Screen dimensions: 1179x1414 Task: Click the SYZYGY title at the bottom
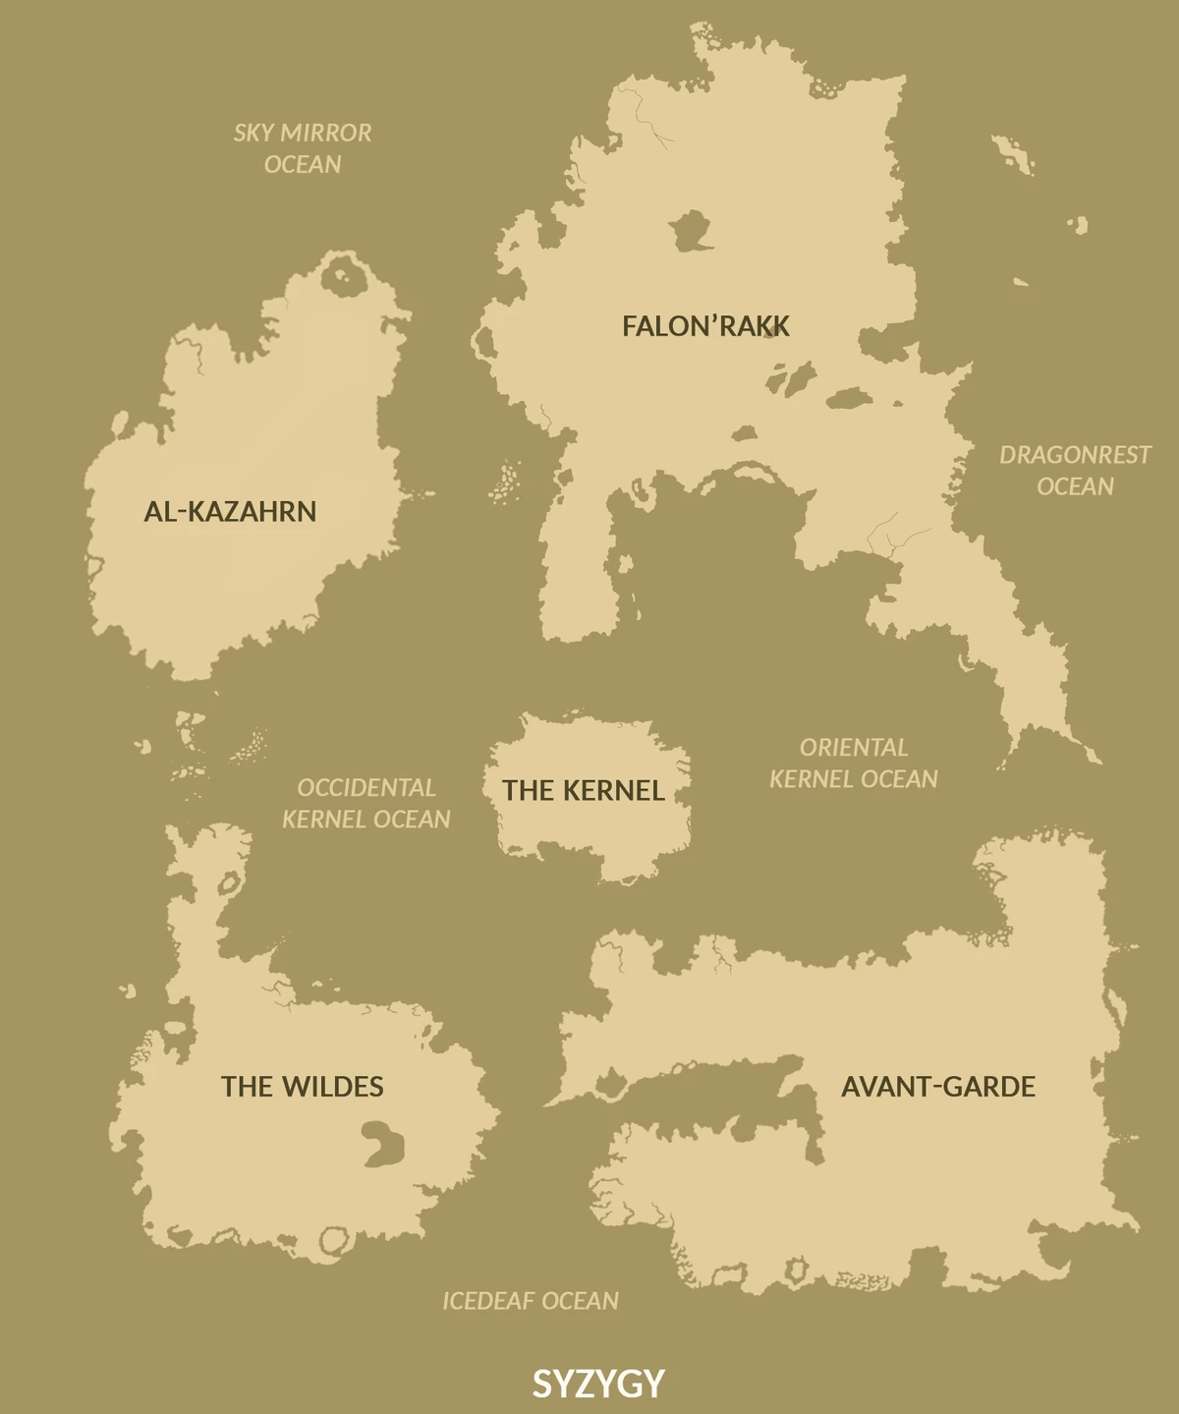[598, 1384]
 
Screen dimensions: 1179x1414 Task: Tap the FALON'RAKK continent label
[705, 326]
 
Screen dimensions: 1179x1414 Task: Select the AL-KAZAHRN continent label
[230, 511]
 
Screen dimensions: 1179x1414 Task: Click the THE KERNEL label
[584, 790]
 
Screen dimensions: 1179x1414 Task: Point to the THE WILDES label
[302, 1086]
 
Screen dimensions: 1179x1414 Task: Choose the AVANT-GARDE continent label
[938, 1086]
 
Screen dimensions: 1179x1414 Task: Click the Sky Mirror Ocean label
[303, 148]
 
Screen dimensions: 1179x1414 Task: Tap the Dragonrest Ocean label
[1075, 471]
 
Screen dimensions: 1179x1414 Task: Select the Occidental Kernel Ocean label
[365, 803]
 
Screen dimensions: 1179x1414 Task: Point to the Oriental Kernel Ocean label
[853, 763]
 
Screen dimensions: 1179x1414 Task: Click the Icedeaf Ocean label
[531, 1301]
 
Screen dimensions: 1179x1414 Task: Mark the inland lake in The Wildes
[383, 1143]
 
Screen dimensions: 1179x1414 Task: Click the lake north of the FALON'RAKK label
[692, 231]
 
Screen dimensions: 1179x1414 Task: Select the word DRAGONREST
[1075, 455]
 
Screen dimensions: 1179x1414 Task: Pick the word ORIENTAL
[853, 748]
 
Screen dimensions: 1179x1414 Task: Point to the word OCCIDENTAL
[365, 788]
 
